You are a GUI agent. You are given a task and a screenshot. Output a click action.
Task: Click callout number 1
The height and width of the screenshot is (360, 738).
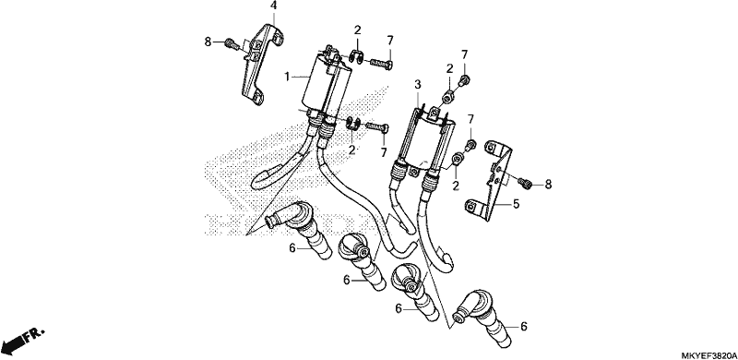pos(286,77)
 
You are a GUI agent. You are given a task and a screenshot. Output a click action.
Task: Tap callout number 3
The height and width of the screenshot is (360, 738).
pos(418,85)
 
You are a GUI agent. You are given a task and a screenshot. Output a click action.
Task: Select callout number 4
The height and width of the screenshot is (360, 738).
pos(273,6)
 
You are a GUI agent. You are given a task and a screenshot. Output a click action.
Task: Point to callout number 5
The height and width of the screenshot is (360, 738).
pos(516,205)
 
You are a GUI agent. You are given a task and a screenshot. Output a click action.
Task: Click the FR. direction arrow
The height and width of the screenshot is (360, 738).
pos(22,341)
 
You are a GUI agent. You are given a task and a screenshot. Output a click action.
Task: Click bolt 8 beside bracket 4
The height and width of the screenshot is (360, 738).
pos(231,42)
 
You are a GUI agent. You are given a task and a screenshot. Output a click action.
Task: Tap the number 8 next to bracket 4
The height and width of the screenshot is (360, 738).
pos(208,42)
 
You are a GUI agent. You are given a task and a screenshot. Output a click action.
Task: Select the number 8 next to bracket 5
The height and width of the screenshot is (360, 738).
pos(548,185)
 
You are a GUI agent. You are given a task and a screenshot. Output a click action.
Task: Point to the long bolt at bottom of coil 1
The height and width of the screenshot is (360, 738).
pos(376,126)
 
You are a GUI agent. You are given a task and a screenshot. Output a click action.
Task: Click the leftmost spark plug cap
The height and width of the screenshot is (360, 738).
pos(296,229)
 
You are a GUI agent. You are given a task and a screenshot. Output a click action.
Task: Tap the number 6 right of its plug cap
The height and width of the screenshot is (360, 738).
pos(524,326)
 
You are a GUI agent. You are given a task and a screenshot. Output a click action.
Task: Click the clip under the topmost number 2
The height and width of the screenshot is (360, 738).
pos(356,58)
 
